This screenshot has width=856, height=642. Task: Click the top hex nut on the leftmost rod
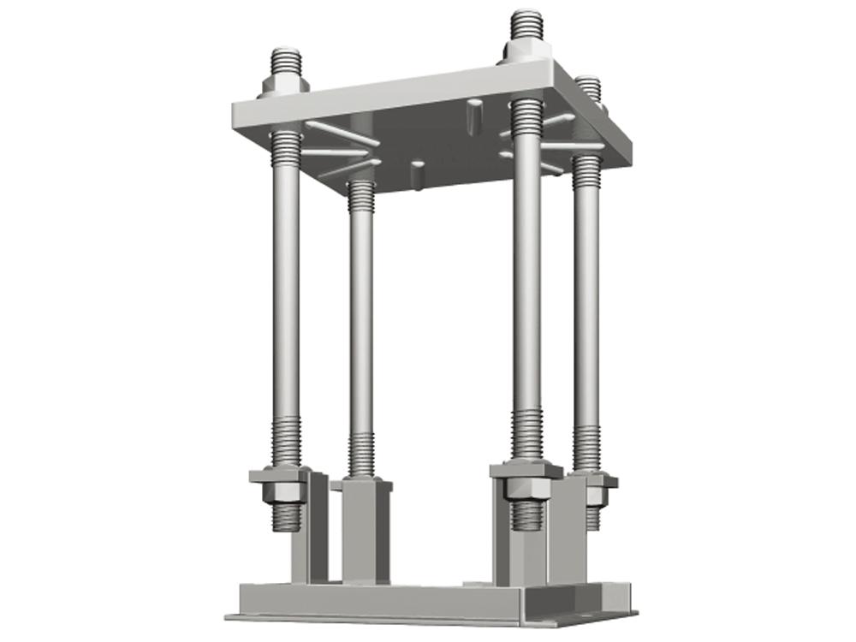coord(284,86)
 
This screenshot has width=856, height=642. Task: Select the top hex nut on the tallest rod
coord(526,48)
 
